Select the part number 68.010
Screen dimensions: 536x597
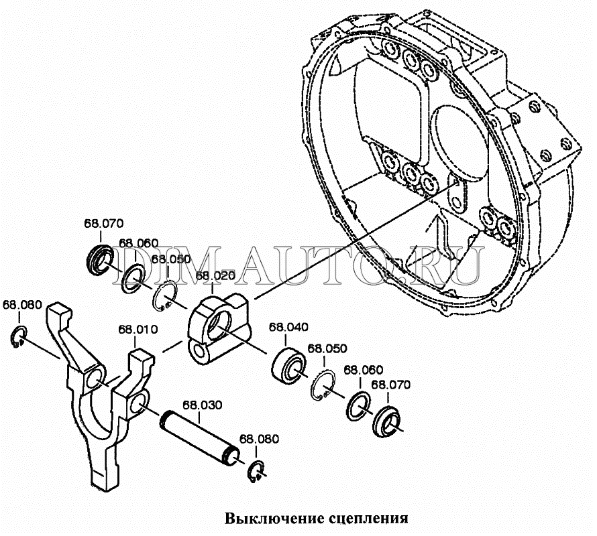point(138,330)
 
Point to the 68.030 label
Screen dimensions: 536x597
point(203,405)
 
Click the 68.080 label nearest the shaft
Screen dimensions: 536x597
point(260,440)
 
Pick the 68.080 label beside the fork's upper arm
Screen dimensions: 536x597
point(22,304)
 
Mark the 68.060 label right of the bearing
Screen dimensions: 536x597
point(363,370)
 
